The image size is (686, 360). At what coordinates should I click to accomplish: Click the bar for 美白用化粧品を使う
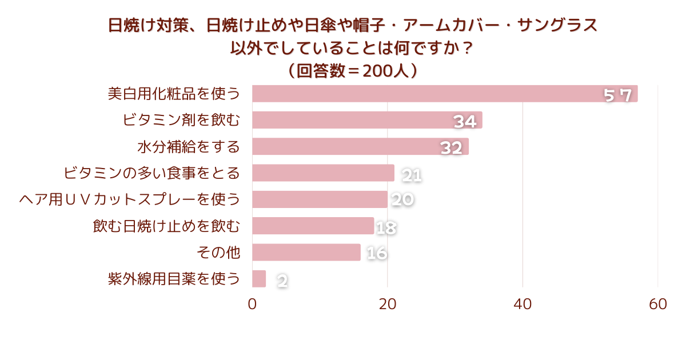(445, 94)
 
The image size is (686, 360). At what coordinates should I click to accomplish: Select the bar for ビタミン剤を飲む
(367, 120)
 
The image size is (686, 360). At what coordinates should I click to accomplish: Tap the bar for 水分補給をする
(360, 146)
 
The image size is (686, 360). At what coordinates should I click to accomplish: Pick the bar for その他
(306, 252)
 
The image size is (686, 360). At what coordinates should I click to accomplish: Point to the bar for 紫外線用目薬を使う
(259, 279)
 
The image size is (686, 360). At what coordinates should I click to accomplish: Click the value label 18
(386, 228)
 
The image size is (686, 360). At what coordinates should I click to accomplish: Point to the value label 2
(282, 281)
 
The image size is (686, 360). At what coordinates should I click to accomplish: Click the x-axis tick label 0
(252, 305)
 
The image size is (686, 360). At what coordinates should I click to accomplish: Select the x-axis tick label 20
(388, 305)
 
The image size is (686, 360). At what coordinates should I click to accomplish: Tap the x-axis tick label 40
(523, 305)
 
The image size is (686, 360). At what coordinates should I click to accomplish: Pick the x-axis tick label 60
(658, 305)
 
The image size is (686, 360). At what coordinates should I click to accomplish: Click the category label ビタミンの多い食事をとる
(151, 173)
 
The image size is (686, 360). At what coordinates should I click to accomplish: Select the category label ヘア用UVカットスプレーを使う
(130, 199)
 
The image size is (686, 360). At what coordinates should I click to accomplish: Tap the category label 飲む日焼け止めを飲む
(166, 226)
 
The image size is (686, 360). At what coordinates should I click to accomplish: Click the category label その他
(218, 252)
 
